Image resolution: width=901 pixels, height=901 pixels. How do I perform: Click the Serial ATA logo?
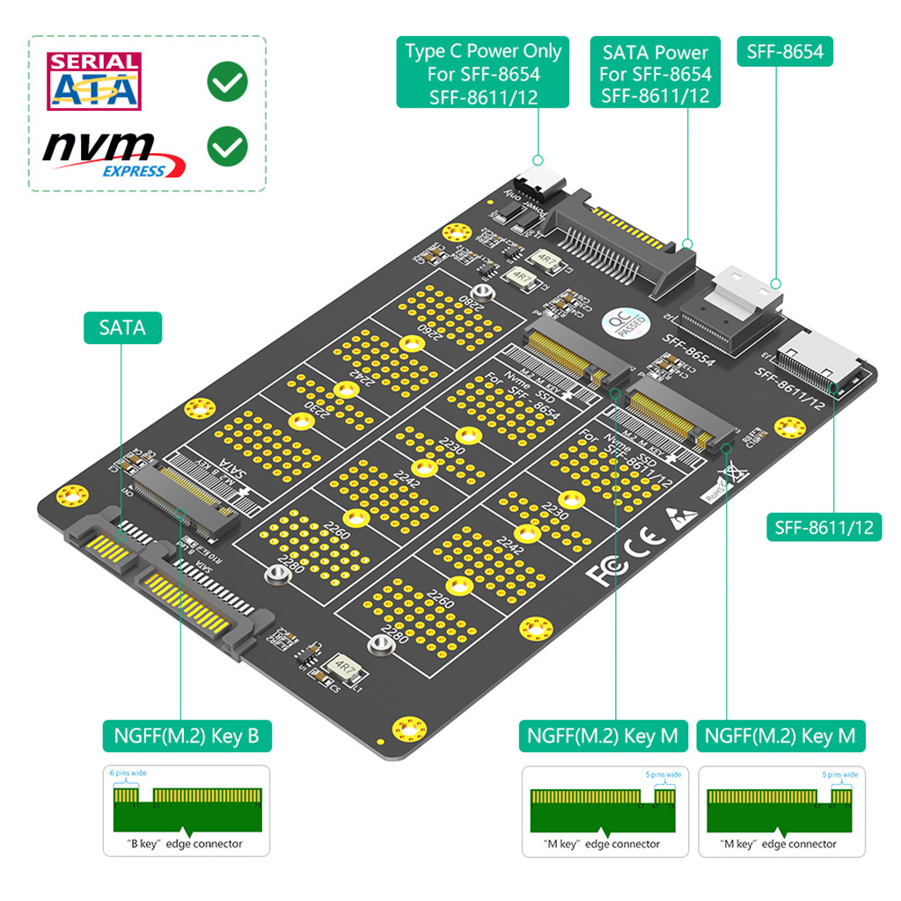pyautogui.click(x=94, y=81)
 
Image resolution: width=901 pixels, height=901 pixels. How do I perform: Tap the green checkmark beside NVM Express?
pyautogui.click(x=227, y=145)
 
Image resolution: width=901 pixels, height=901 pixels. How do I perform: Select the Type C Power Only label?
pyautogui.click(x=482, y=74)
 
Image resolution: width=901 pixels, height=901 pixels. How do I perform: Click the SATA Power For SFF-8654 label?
pyautogui.click(x=656, y=74)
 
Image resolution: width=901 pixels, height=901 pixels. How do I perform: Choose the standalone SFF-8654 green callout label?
pyautogui.click(x=785, y=51)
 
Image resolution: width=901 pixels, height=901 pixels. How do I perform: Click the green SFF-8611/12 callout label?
pyautogui.click(x=824, y=527)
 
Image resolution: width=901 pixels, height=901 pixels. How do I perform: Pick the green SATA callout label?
pyautogui.click(x=122, y=328)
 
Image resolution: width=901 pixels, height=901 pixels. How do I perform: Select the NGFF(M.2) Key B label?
pyautogui.click(x=186, y=736)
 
